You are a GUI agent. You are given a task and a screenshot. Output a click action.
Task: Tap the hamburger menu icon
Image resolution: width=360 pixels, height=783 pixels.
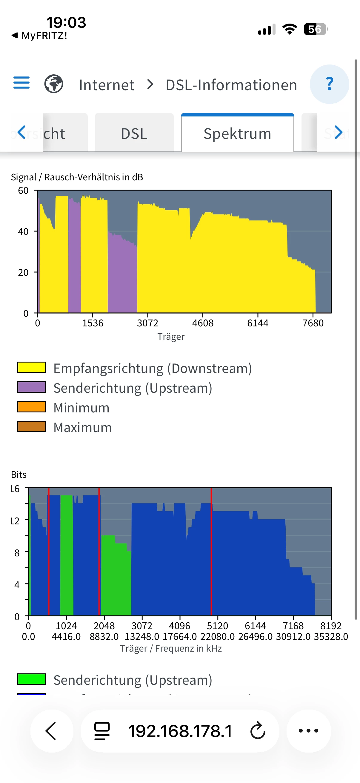[x=21, y=83]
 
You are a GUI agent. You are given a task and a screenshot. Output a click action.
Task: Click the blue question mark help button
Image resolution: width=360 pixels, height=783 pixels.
[x=329, y=84]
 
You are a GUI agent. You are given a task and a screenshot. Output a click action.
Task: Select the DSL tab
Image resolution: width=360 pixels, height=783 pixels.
[x=134, y=133]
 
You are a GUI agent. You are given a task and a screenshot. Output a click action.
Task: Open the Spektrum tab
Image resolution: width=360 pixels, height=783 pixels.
[x=237, y=133]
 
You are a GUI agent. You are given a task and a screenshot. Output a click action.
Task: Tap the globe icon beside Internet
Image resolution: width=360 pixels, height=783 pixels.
[x=54, y=84]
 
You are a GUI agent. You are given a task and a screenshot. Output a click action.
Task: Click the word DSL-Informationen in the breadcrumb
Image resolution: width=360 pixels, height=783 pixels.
[x=231, y=85]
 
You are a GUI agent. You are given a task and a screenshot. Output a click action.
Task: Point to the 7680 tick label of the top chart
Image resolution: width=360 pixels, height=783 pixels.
[x=313, y=323]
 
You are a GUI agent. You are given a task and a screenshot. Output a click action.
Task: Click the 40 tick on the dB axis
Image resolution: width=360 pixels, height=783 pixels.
[x=23, y=232]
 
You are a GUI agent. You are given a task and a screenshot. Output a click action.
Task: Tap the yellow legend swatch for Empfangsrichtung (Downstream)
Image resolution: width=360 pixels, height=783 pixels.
[x=32, y=368]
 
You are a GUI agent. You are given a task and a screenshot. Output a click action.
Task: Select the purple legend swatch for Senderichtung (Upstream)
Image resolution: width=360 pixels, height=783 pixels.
[x=32, y=387]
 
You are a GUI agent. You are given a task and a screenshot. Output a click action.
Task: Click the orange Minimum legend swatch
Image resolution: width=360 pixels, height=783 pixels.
[x=32, y=407]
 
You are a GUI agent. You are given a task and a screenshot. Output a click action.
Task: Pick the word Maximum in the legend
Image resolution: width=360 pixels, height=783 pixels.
[x=83, y=427]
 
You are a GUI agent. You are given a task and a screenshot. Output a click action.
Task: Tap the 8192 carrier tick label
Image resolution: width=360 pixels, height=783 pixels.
[x=331, y=626]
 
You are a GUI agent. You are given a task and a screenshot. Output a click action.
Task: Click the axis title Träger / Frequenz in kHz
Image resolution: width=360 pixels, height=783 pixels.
[x=171, y=648]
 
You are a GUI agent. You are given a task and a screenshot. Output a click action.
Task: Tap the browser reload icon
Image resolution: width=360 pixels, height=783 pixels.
[x=258, y=731]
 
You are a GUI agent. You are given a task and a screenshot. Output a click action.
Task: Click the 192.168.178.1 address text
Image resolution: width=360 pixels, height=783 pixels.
[x=180, y=731]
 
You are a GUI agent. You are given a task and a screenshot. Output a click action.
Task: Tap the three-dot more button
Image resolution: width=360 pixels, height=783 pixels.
[x=308, y=731]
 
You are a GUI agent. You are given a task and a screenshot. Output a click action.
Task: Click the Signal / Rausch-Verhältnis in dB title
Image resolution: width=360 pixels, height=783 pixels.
[x=77, y=177]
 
